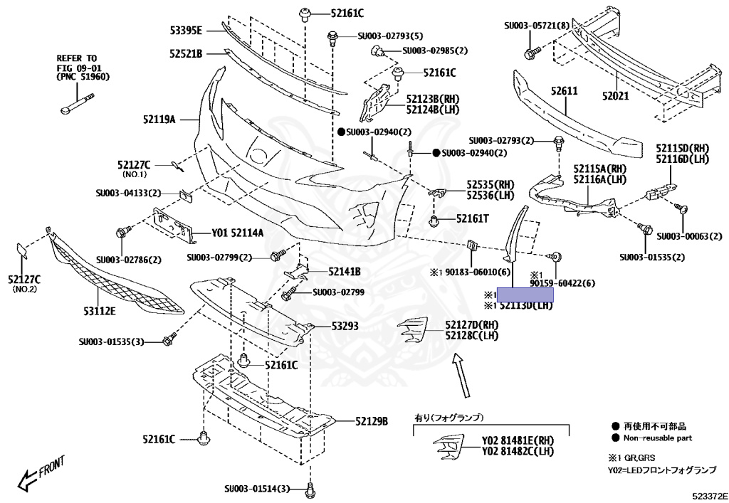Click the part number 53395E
click(x=186, y=30)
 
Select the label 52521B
click(x=186, y=54)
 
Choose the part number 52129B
click(x=372, y=421)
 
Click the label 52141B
click(x=345, y=272)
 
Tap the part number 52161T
click(x=473, y=219)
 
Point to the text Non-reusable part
click(x=658, y=438)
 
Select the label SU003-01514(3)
click(x=257, y=489)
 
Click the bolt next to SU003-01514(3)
click(x=310, y=490)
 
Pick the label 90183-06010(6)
click(x=473, y=272)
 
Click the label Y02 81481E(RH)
click(x=518, y=440)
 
